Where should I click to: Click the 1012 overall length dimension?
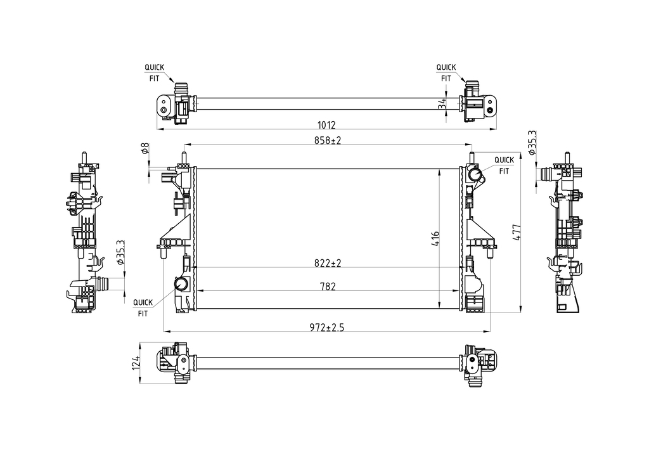[326, 124]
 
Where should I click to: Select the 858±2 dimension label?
[328, 140]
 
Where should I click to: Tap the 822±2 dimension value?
[328, 263]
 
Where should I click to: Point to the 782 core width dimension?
[328, 287]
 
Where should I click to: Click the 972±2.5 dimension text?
[327, 327]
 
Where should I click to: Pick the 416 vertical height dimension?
[435, 239]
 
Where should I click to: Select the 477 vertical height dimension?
[516, 232]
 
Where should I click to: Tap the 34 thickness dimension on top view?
[442, 103]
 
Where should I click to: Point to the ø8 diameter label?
[145, 148]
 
